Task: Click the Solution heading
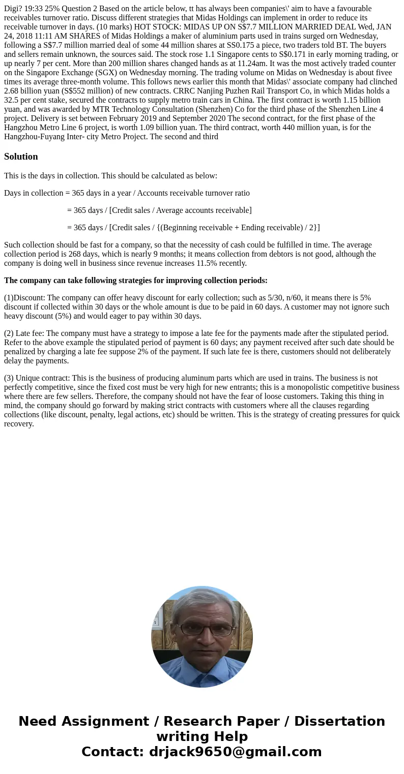(21, 157)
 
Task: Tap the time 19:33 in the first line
(34, 9)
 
